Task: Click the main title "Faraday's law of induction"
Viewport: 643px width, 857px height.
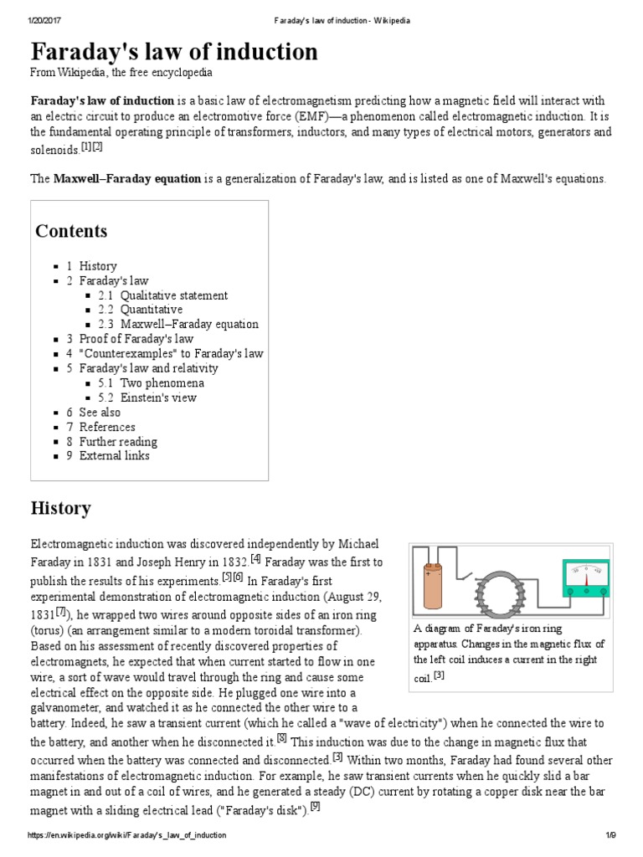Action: point(174,52)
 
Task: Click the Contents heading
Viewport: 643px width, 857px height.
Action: point(71,231)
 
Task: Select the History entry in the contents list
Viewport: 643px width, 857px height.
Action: point(98,266)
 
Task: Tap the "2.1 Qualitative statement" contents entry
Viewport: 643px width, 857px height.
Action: point(173,295)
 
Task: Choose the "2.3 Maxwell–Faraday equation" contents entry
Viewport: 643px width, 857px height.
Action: point(189,325)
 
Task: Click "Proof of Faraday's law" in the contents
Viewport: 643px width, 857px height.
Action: point(136,339)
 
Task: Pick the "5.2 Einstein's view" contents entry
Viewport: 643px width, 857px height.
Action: point(158,398)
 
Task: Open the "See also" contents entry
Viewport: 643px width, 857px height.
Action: point(100,413)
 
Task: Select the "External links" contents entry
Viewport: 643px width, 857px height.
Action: point(114,456)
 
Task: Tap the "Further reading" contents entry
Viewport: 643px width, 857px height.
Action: point(118,442)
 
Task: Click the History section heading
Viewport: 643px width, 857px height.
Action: point(60,508)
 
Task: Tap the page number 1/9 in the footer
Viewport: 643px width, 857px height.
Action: point(610,835)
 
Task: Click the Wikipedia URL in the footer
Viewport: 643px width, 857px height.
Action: point(127,835)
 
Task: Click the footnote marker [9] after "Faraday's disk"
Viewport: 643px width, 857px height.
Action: point(315,806)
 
